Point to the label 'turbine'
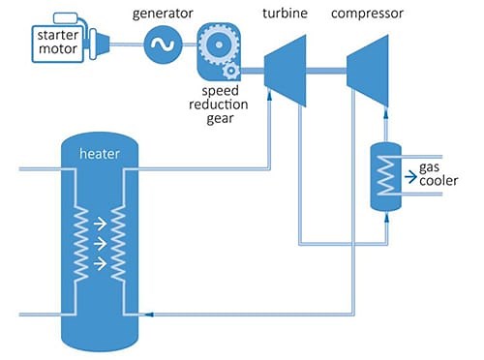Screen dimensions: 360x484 [x=285, y=14]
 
